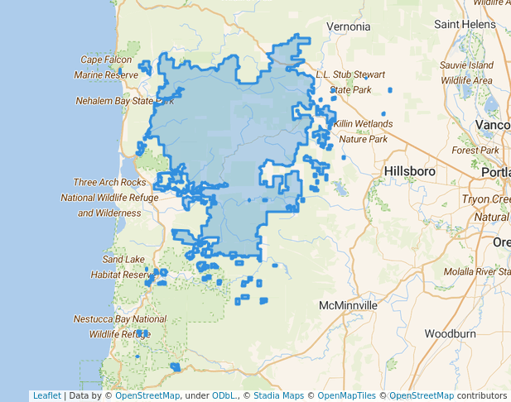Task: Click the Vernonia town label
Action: click(348, 26)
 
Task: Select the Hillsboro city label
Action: click(410, 170)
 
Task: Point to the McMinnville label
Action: click(348, 305)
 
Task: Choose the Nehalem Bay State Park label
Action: click(124, 101)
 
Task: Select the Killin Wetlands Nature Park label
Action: click(364, 131)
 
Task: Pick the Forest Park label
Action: click(476, 151)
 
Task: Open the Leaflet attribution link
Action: click(46, 395)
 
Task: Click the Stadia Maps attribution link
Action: click(278, 395)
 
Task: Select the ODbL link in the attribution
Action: click(222, 395)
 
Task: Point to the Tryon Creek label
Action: click(484, 199)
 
